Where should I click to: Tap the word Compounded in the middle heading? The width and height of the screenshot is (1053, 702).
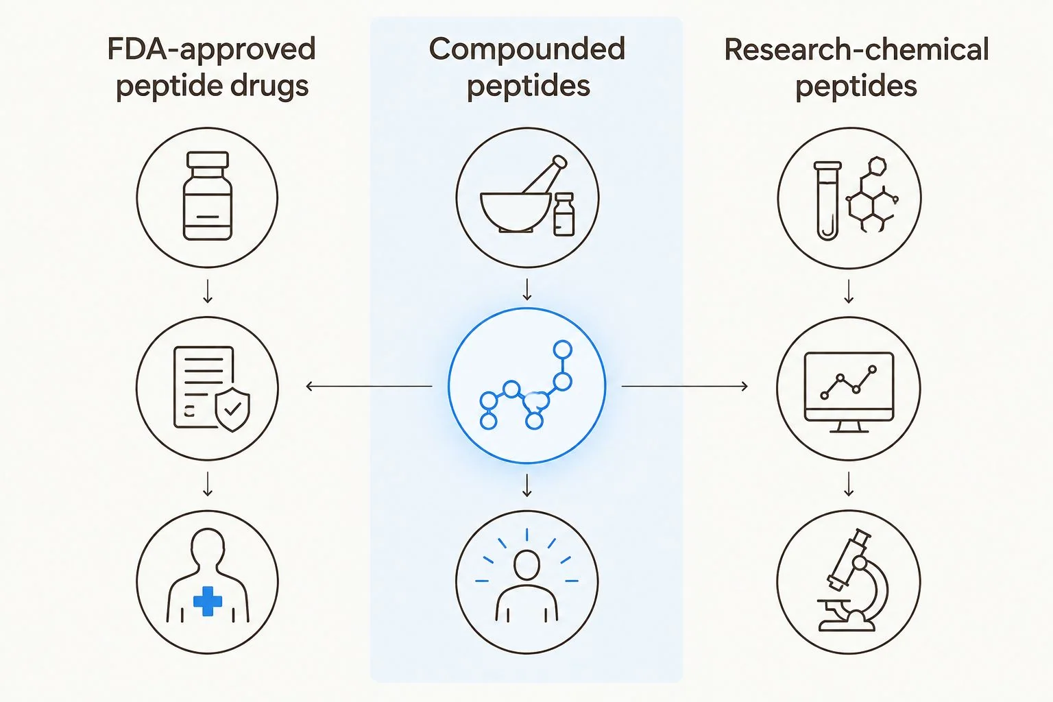tap(527, 49)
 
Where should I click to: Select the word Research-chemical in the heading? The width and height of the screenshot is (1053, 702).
tap(856, 49)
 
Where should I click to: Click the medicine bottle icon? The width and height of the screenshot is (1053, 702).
tap(207, 196)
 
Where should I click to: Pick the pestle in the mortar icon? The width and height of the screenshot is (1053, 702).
tap(545, 174)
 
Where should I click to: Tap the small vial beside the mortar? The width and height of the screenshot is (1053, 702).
tap(564, 214)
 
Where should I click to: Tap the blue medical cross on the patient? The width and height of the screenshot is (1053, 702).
tap(207, 601)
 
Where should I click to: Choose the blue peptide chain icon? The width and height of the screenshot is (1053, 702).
tap(526, 385)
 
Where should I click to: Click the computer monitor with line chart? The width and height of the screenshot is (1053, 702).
tap(849, 392)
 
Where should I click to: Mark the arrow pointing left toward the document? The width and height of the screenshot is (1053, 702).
tap(369, 387)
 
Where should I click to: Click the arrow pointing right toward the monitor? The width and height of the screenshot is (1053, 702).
tap(684, 387)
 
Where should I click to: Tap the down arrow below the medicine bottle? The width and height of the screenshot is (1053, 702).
tap(207, 291)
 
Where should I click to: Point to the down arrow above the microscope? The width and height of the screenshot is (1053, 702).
tap(849, 484)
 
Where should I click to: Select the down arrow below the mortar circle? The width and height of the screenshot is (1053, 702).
tap(527, 289)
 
